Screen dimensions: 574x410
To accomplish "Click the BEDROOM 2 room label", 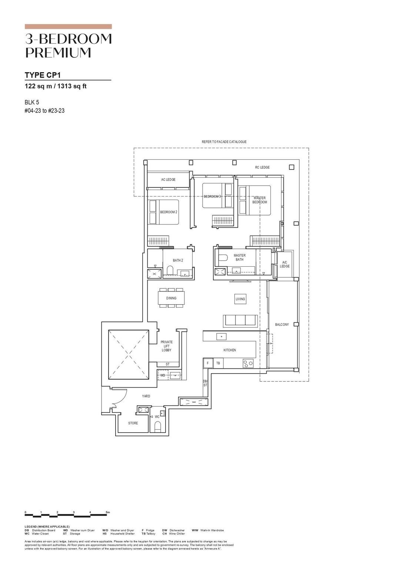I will point(169,212).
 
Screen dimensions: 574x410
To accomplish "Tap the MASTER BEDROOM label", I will point(260,200).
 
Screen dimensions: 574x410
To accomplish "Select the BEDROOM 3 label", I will point(212,196).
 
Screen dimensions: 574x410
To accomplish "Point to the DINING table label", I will point(171,298).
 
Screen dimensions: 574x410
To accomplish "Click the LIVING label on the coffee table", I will point(240,299).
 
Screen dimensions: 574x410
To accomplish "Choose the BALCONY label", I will point(282,325).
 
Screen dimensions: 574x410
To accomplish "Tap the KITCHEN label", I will point(230,350).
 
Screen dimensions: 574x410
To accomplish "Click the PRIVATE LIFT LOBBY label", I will point(167,346).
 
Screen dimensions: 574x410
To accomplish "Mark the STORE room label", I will point(133,423).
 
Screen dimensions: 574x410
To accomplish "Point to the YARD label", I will point(146,396).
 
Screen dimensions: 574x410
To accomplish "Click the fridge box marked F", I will point(208,363).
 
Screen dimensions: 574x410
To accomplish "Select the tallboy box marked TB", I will point(218,363).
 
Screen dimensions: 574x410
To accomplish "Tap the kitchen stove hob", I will point(248,364).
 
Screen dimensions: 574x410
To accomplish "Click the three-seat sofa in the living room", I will point(240,321).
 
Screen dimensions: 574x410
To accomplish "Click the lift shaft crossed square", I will point(128,355).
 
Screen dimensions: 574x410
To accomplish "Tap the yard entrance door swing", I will point(119,398).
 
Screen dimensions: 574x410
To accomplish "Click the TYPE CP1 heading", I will point(43,75).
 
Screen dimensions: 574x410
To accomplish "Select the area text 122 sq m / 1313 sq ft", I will point(56,86).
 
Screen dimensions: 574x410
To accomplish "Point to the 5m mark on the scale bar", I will point(108,513).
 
